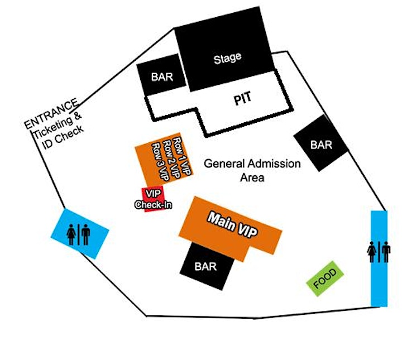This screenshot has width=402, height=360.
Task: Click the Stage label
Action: pyautogui.click(x=227, y=58)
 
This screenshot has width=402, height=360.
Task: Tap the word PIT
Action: pyautogui.click(x=242, y=98)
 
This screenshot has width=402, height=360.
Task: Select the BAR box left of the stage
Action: pyautogui.click(x=161, y=75)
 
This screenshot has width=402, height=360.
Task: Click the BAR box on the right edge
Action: pyautogui.click(x=321, y=143)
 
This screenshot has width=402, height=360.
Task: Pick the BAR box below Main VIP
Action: pyautogui.click(x=207, y=266)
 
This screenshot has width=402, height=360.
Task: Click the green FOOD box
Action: pyautogui.click(x=325, y=279)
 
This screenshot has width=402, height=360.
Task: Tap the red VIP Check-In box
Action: pyautogui.click(x=154, y=199)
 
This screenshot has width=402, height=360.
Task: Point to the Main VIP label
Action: pyautogui.click(x=232, y=225)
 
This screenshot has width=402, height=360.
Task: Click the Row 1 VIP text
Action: pyautogui.click(x=182, y=156)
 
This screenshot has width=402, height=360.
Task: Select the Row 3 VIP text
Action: pyautogui.click(x=161, y=162)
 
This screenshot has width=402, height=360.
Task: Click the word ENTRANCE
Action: pyautogui.click(x=51, y=113)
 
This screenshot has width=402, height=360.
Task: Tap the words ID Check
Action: pyautogui.click(x=63, y=137)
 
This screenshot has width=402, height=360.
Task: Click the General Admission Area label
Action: pyautogui.click(x=252, y=170)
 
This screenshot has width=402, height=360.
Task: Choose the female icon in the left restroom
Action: pyautogui.click(x=71, y=234)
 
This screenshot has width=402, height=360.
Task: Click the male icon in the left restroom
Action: pyautogui.click(x=85, y=234)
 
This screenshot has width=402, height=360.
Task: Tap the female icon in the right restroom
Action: pyautogui.click(x=371, y=252)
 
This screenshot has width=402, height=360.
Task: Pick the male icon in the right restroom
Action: pyautogui.click(x=386, y=252)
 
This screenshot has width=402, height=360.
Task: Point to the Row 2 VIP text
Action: pyautogui.click(x=171, y=159)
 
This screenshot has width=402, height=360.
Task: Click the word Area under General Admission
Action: pyautogui.click(x=252, y=177)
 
